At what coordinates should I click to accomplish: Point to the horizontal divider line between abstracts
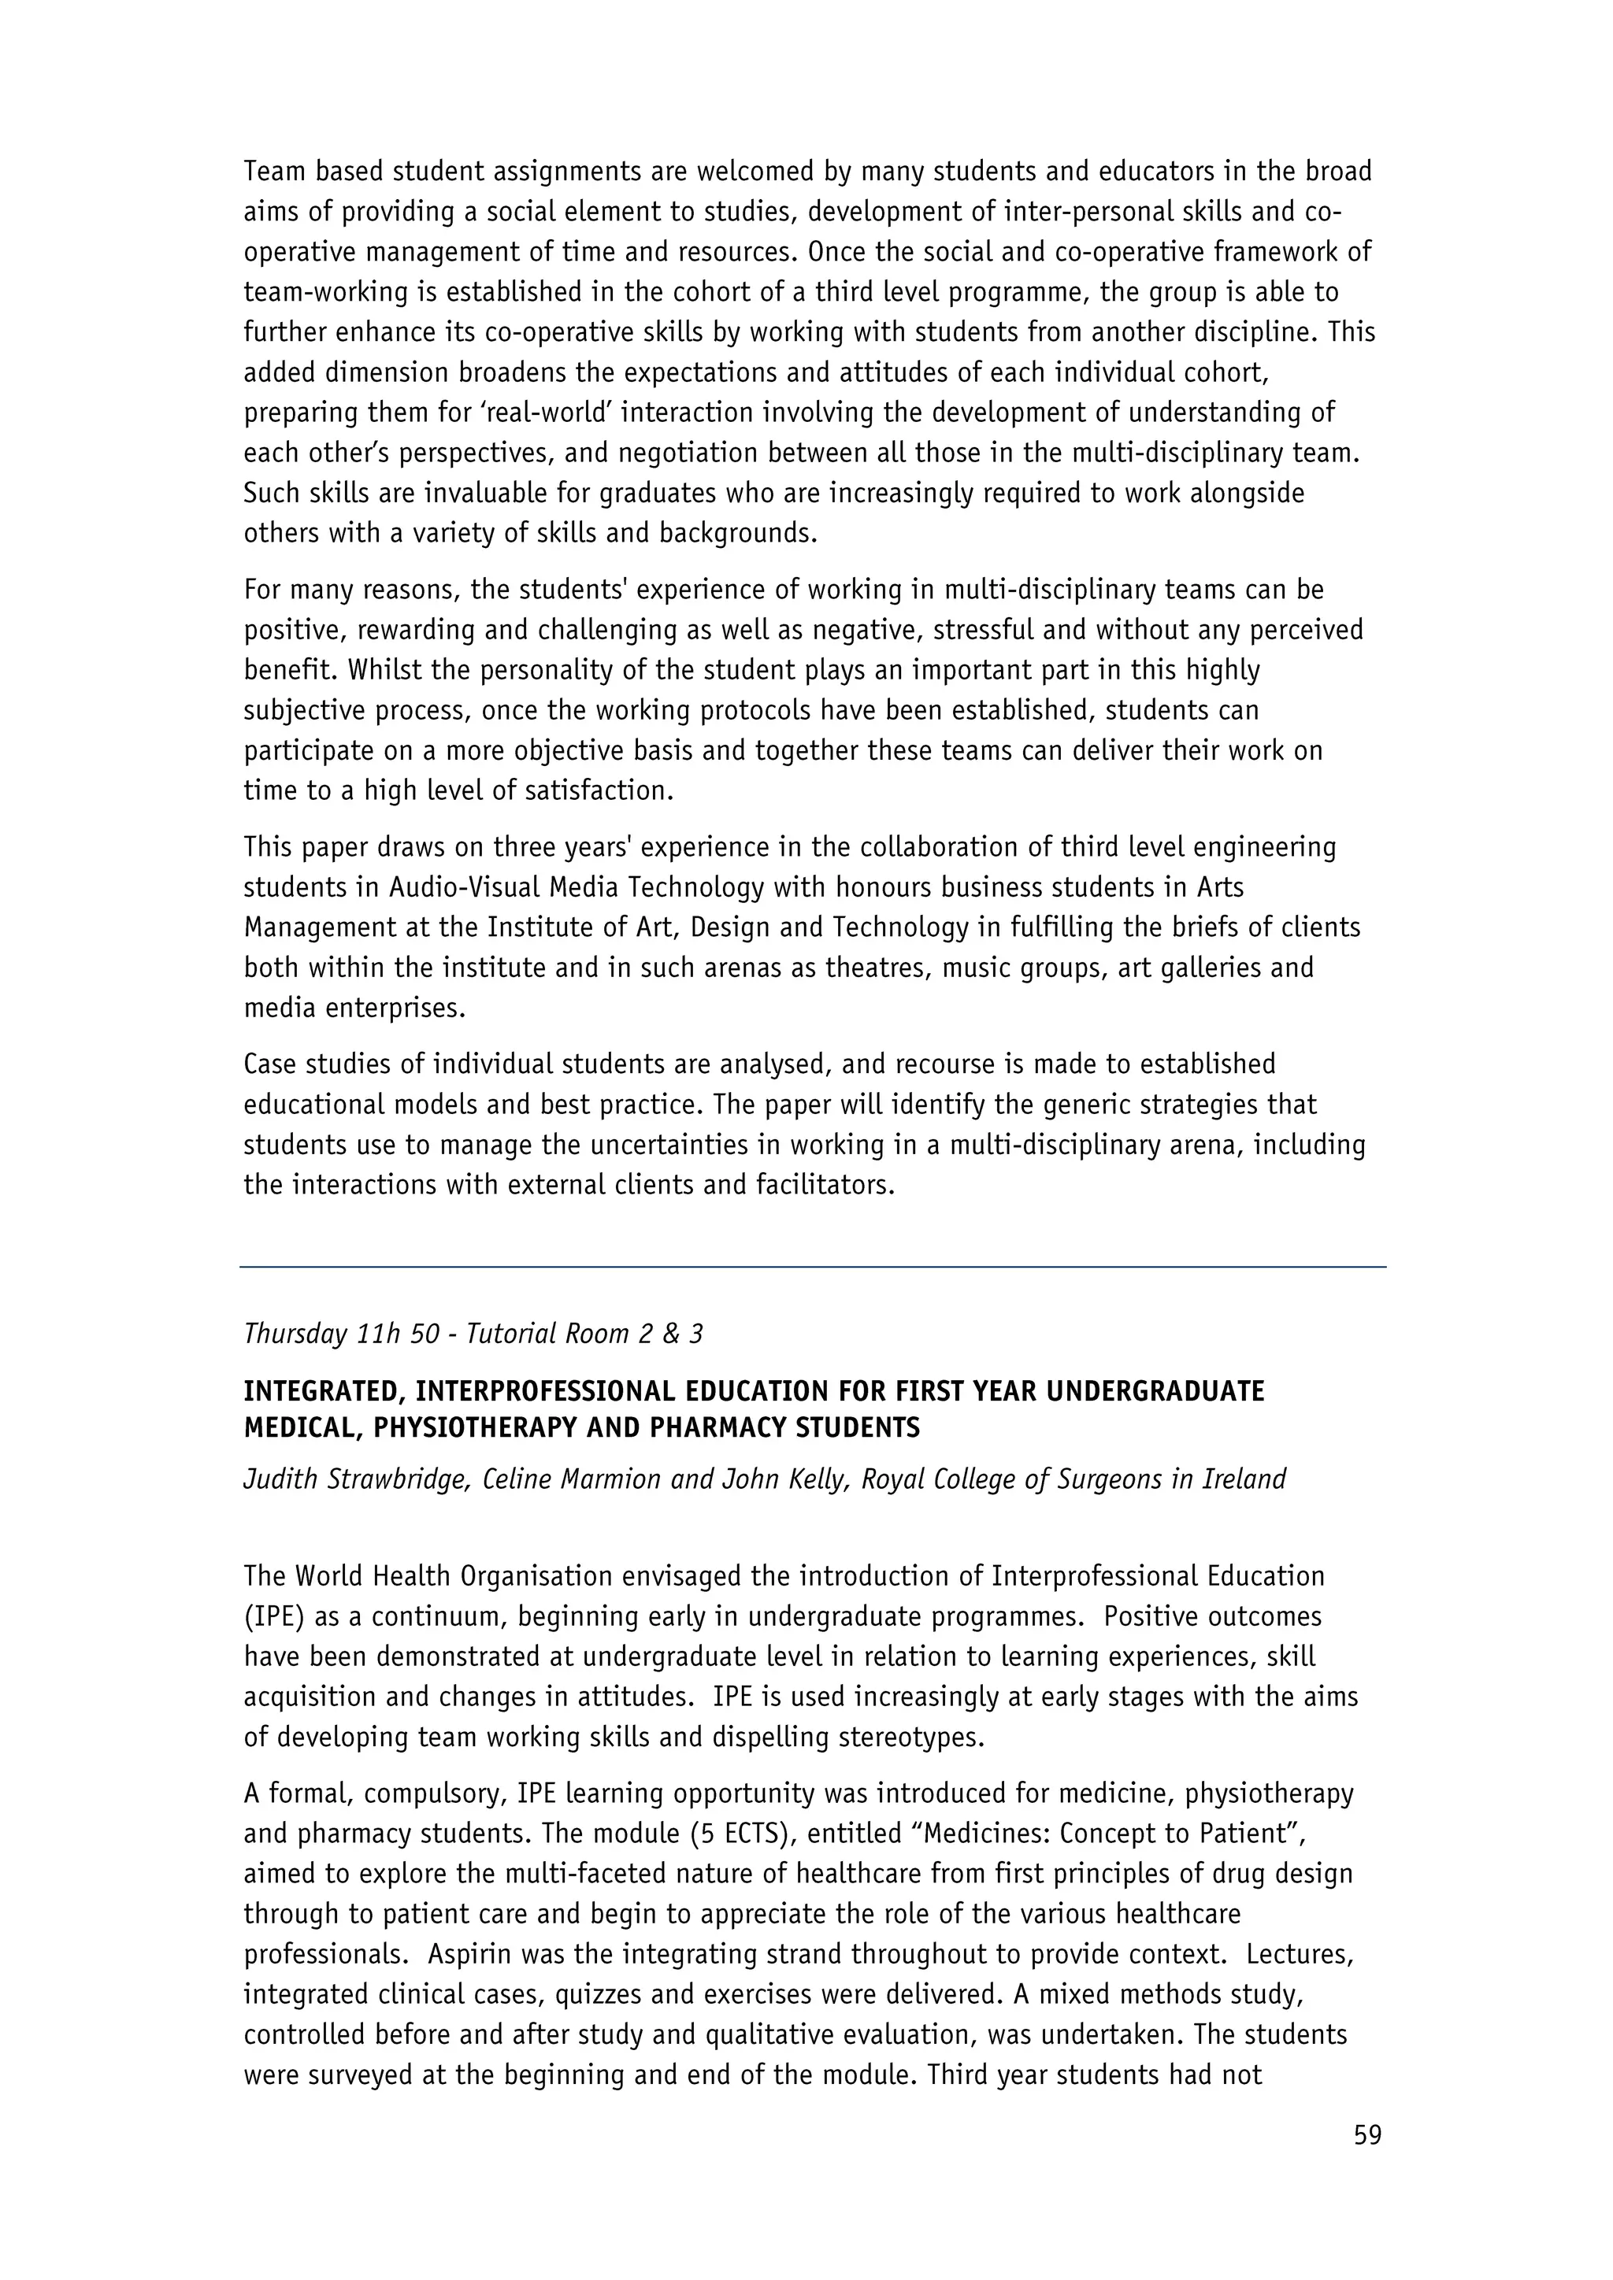click(x=813, y=1267)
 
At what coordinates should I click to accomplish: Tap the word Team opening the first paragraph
click(x=275, y=172)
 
